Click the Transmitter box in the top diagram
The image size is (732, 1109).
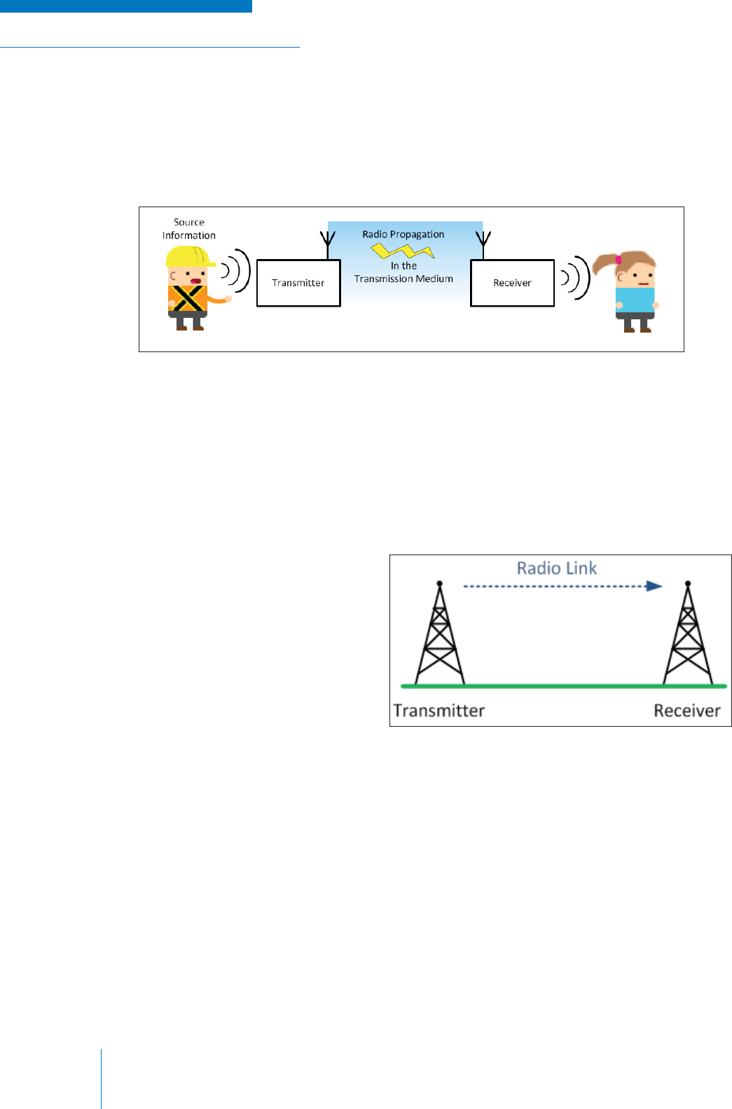[298, 283]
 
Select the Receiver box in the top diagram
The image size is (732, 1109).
[512, 283]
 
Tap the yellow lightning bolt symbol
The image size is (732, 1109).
[402, 250]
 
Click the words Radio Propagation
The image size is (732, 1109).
[403, 235]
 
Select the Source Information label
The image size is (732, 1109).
[189, 229]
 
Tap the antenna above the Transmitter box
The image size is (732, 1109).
[328, 239]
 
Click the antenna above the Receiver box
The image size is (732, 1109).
[483, 239]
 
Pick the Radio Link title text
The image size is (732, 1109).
[557, 568]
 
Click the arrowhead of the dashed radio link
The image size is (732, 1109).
[654, 586]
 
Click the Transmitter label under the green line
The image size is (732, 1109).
[439, 711]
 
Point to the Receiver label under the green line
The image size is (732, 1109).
[687, 711]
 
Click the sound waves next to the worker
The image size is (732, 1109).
[237, 270]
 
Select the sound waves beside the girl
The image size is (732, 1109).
[575, 278]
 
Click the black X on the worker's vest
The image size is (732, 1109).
[187, 298]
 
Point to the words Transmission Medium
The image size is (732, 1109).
[403, 279]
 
